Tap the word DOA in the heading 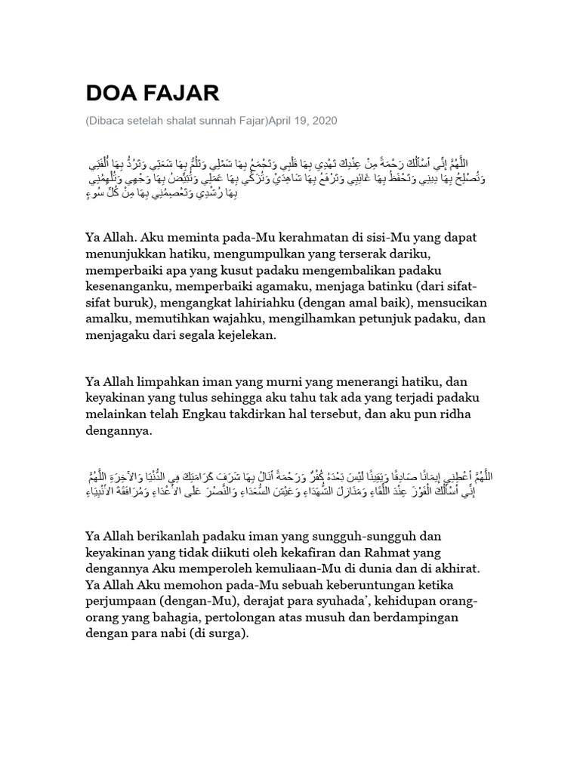pos(111,93)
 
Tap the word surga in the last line pos(224,636)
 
